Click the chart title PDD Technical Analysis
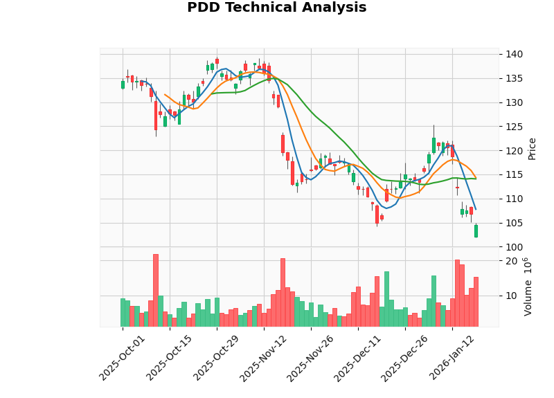pyautogui.click(x=276, y=8)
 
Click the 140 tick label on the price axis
pyautogui.click(x=514, y=55)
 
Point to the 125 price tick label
pyautogui.click(x=514, y=127)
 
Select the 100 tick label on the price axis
pyautogui.click(x=514, y=247)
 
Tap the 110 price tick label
pyautogui.click(x=514, y=199)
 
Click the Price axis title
pyautogui.click(x=532, y=148)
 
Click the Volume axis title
pyautogui.click(x=528, y=287)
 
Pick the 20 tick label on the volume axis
pyautogui.click(x=511, y=261)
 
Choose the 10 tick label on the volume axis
pyautogui.click(x=511, y=296)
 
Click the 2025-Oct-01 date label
pyautogui.click(x=122, y=359)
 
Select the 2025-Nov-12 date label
pyautogui.click(x=263, y=359)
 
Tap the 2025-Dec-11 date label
pyautogui.click(x=358, y=359)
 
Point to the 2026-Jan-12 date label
pyautogui.click(x=452, y=359)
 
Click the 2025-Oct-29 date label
pyautogui.click(x=216, y=359)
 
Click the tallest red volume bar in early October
pyautogui.click(x=156, y=290)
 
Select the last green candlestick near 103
pyautogui.click(x=476, y=231)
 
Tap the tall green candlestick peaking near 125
pyautogui.click(x=434, y=145)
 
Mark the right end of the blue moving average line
pyautogui.click(x=476, y=209)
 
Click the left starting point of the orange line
pyautogui.click(x=165, y=94)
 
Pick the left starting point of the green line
pyautogui.click(x=212, y=93)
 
